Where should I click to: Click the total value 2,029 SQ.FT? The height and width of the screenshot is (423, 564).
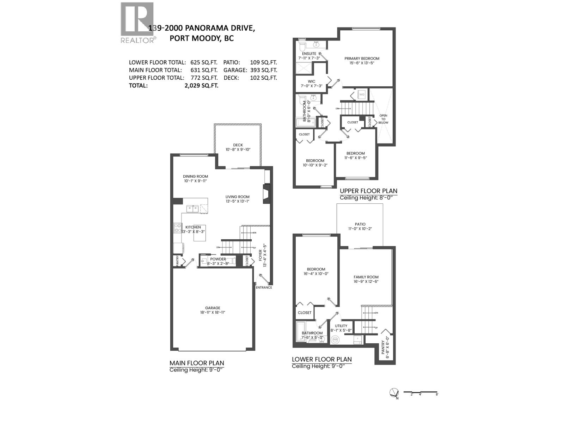coord(201,85)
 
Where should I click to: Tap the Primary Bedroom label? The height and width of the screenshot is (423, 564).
coord(362,59)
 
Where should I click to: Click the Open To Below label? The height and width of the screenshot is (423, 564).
coord(383,119)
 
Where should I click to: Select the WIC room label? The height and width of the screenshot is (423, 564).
coord(312,81)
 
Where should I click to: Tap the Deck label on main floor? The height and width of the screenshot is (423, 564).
coord(238,145)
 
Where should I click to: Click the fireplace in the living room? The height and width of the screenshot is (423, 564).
coord(266,194)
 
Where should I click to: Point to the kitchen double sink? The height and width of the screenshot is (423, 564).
coord(192,209)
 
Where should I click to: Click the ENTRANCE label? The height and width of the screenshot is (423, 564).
coord(264,287)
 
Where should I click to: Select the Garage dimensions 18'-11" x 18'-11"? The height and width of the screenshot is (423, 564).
coord(213,312)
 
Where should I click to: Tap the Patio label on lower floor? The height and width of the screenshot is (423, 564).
coord(360,224)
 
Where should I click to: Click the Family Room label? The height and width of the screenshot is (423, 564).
coord(366,277)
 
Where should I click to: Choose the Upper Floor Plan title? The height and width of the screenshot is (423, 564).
coord(368,191)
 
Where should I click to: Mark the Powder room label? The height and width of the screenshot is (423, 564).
coord(218,259)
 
